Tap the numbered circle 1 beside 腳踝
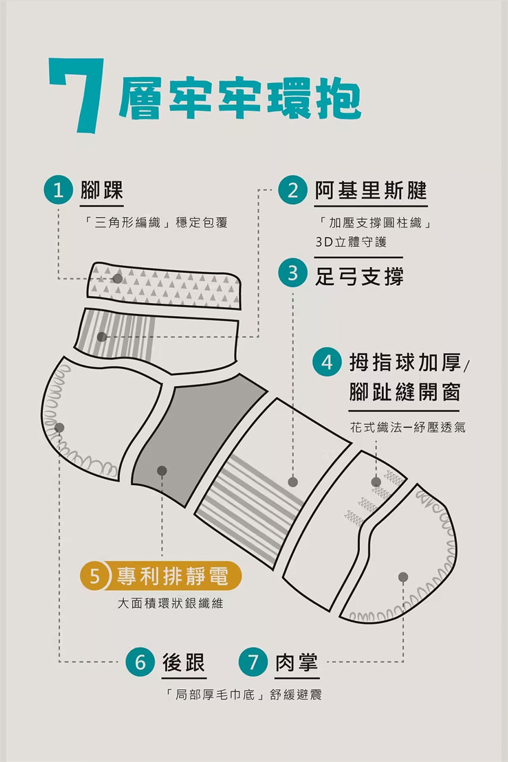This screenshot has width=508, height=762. point(59,192)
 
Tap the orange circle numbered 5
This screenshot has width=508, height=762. point(95,576)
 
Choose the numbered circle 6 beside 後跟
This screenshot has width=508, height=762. point(140,662)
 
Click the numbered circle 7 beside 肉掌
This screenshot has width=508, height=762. point(252,662)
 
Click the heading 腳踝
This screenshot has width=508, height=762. point(102,190)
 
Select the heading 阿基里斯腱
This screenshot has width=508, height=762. point(371,190)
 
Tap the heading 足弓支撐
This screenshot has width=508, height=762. point(359,276)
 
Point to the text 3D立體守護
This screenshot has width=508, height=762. point(351,242)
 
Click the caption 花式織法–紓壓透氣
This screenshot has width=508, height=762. point(407,427)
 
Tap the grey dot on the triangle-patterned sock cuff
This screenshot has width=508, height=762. point(117,278)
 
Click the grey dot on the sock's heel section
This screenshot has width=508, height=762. point(59,428)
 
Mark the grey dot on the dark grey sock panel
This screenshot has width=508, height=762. point(162,470)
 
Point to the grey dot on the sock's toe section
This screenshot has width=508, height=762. point(403,577)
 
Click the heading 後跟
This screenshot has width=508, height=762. point(184,662)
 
